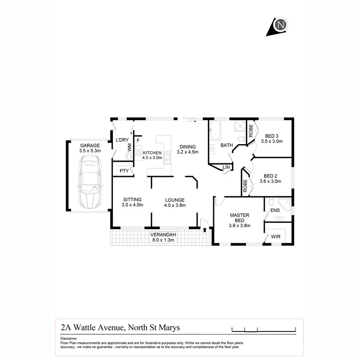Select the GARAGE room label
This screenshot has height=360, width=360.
90,146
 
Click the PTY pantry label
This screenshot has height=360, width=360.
124,171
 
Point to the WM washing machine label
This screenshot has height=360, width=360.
130,147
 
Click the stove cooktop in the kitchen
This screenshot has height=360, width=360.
138,152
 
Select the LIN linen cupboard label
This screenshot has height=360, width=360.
226,167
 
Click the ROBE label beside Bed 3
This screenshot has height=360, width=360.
251,132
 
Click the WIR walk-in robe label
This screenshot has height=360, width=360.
276,236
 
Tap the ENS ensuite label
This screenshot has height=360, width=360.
275,210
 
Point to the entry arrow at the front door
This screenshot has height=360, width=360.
205,230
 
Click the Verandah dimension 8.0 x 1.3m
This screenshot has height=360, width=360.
163,240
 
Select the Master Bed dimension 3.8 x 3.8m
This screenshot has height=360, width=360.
240,226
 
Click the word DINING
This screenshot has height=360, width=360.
188,147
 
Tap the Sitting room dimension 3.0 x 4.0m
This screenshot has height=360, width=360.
133,205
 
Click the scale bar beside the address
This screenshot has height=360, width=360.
264,329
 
